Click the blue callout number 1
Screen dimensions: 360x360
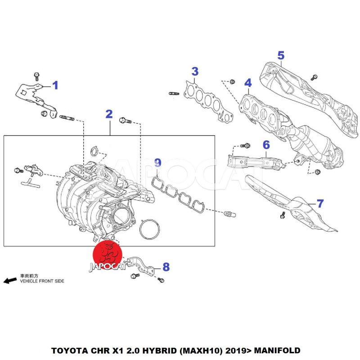point(55,85)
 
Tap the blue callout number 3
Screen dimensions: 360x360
point(194,72)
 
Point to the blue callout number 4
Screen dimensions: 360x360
point(248,83)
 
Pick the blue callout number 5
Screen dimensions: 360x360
point(281,55)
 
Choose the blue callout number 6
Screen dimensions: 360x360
point(266,145)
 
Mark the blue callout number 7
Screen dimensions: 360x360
point(320,203)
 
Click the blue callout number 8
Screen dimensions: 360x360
point(166,267)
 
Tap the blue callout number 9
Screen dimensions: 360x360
point(157,162)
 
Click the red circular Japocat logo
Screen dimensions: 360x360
point(108,254)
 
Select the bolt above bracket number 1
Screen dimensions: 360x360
point(36,75)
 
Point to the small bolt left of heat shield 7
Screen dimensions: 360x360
point(282,215)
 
